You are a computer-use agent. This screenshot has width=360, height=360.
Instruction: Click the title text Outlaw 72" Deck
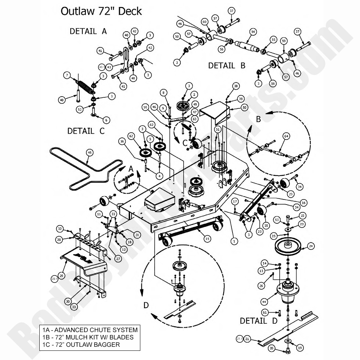[x=101, y=11]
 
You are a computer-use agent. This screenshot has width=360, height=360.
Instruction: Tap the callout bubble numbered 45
[x=89, y=152]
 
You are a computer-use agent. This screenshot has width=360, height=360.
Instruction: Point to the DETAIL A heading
[x=88, y=32]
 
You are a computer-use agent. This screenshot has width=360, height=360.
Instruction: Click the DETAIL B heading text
[x=226, y=66]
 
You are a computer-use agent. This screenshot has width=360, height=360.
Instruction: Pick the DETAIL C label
[x=86, y=131]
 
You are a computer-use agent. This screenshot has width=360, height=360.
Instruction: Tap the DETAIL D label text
[x=258, y=321]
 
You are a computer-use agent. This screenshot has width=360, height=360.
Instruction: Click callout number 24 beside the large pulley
[x=311, y=246]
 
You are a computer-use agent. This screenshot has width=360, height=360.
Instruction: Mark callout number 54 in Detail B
[x=253, y=32]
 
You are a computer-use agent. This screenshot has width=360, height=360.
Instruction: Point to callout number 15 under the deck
[x=208, y=239]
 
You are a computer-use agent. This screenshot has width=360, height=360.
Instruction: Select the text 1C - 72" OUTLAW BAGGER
[x=83, y=345]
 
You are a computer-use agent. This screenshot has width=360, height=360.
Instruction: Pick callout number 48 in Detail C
[x=62, y=100]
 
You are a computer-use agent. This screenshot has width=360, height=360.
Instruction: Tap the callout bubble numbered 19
[x=300, y=348]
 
